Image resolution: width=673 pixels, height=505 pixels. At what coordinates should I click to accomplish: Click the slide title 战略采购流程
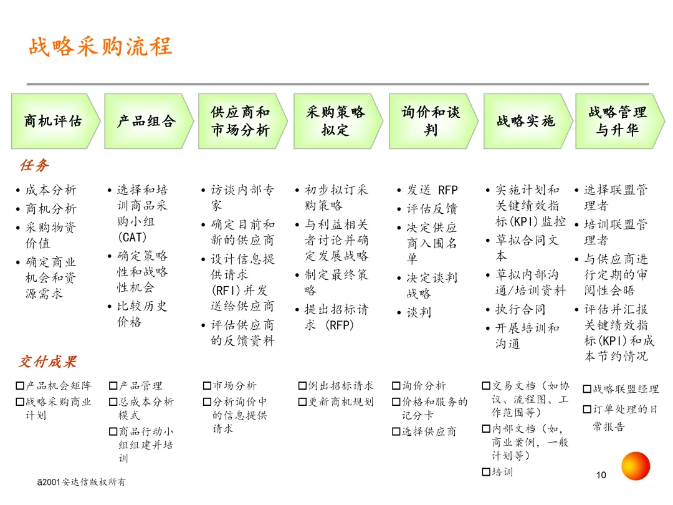[x=100, y=46]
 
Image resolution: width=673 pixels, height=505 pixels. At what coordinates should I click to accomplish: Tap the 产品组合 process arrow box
[x=149, y=121]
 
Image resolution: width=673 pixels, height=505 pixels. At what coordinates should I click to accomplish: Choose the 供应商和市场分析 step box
[x=243, y=121]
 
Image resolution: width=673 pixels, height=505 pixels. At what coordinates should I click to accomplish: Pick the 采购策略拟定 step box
[x=338, y=121]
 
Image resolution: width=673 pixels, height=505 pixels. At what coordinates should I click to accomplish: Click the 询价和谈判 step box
[x=434, y=121]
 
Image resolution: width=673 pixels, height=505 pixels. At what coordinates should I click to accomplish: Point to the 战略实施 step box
[x=528, y=121]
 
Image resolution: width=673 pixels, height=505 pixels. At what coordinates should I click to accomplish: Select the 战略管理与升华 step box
[x=620, y=121]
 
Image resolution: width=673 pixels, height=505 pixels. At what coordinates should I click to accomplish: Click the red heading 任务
[x=34, y=165]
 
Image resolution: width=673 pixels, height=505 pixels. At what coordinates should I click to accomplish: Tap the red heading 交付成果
[x=47, y=362]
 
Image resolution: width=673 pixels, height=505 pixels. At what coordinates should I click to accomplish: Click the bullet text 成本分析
[x=50, y=190]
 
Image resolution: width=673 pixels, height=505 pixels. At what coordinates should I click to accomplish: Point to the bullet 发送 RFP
[x=432, y=190]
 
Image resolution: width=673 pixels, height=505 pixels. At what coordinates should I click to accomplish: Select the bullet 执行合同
[x=520, y=309]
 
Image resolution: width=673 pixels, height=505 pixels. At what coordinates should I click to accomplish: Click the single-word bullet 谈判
[x=419, y=312]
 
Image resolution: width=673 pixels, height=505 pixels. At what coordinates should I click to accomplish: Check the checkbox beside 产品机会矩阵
[x=20, y=386]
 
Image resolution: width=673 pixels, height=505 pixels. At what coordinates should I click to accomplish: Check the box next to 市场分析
[x=207, y=386]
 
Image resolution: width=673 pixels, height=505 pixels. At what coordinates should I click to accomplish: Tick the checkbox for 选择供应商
[x=396, y=431]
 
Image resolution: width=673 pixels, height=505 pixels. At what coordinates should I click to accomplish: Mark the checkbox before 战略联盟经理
[x=587, y=389]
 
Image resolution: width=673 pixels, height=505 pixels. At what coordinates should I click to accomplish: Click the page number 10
[x=601, y=475]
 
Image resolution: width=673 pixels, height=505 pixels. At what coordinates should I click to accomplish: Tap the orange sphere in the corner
[x=636, y=466]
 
